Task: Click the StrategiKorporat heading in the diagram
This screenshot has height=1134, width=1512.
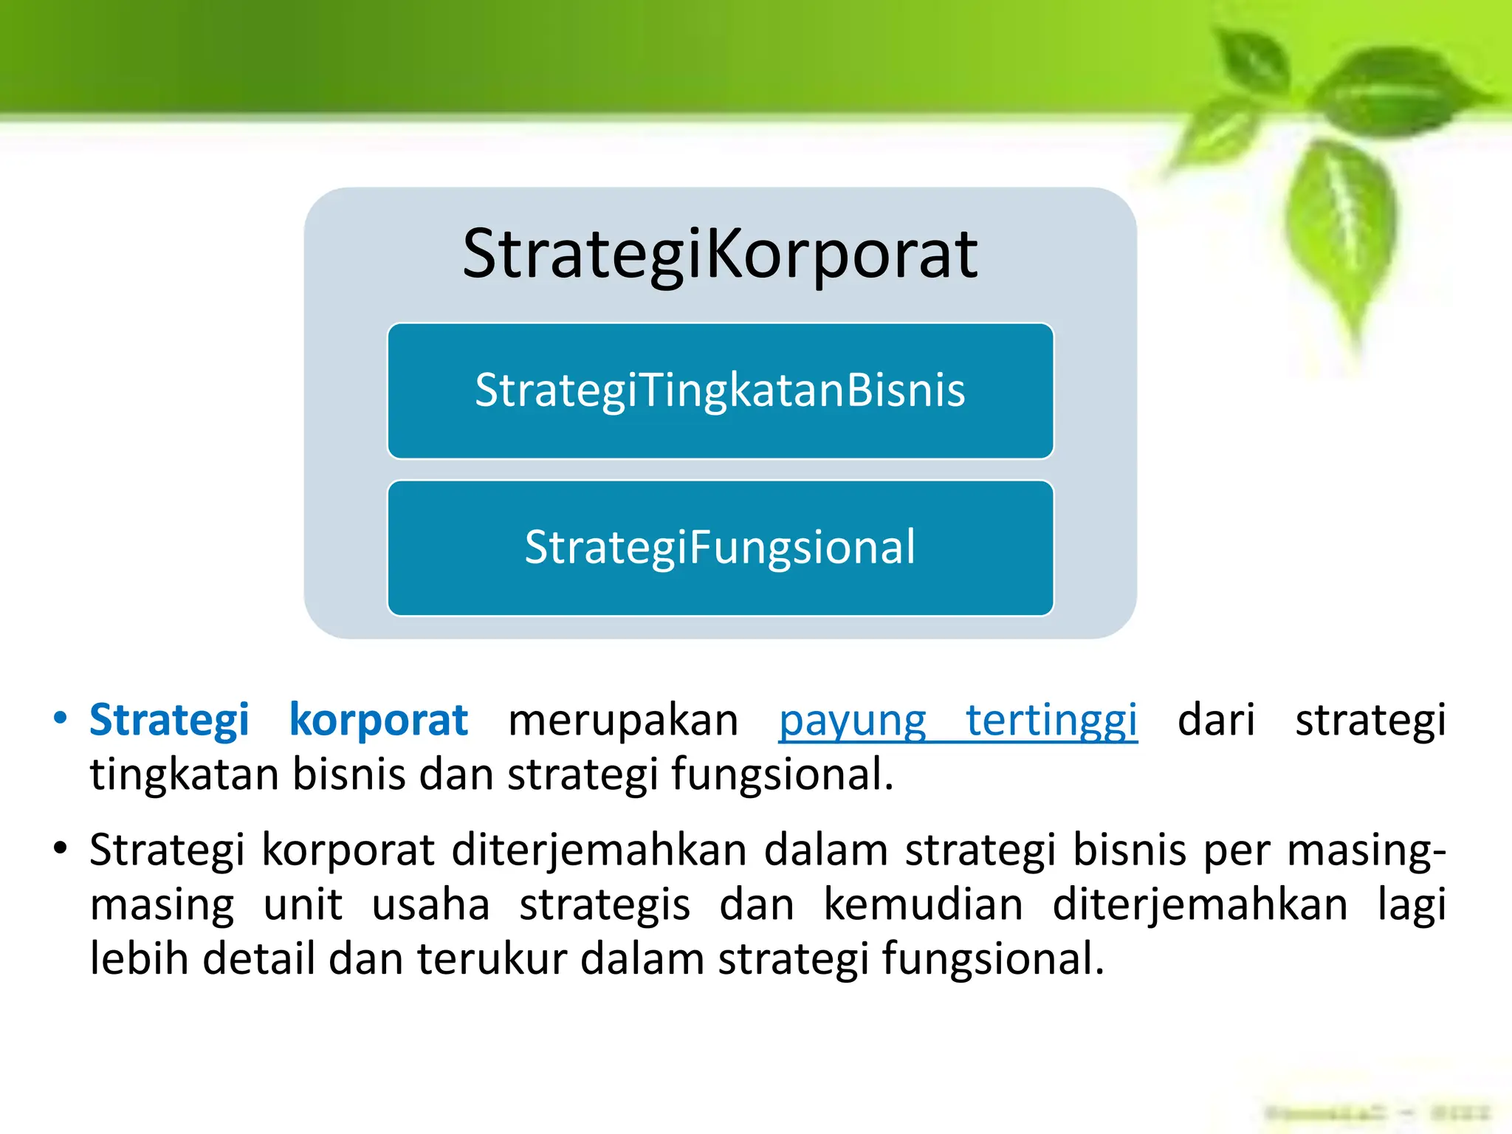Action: pos(720,255)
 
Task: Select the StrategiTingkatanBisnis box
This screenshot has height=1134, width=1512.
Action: pos(720,391)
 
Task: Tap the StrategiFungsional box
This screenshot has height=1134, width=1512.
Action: pos(720,548)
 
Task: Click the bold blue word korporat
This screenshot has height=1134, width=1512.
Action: pos(378,720)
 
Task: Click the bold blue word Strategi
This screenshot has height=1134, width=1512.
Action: pos(169,720)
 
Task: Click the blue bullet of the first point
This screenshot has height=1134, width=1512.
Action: pos(61,718)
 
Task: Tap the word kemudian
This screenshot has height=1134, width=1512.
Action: pos(923,905)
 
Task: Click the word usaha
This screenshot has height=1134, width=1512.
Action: pos(430,905)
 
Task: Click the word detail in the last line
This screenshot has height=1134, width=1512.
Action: pos(258,959)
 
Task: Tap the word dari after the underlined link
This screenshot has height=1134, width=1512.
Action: pos(1216,720)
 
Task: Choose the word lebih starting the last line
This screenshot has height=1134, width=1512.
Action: pos(139,959)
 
